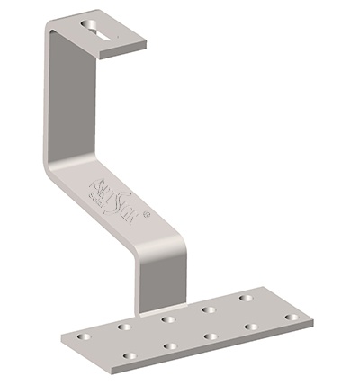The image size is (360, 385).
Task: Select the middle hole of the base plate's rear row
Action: tap(167, 318)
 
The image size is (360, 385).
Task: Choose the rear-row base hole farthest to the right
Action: tap(246, 299)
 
